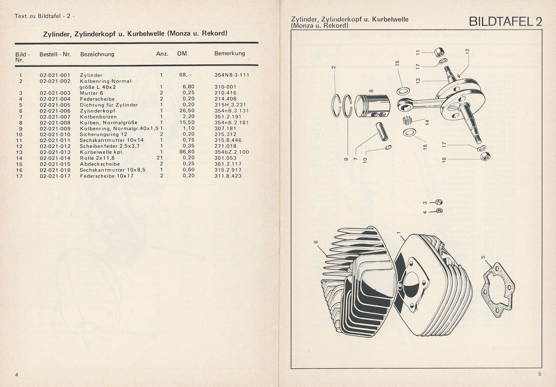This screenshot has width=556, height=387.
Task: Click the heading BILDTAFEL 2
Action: pyautogui.click(x=505, y=21)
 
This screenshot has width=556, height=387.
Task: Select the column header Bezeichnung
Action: pyautogui.click(x=97, y=54)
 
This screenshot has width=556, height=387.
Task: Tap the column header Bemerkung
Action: pyautogui.click(x=229, y=53)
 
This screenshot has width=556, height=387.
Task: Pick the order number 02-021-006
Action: pyautogui.click(x=55, y=111)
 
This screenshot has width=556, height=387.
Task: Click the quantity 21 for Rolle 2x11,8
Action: pyautogui.click(x=160, y=157)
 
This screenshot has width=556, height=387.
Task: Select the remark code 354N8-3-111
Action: pyautogui.click(x=232, y=75)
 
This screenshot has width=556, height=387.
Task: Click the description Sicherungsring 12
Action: pyautogui.click(x=104, y=134)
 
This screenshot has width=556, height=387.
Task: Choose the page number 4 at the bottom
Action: pyautogui.click(x=17, y=375)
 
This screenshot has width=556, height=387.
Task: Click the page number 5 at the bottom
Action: pyautogui.click(x=540, y=374)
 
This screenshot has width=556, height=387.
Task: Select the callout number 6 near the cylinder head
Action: pyautogui.click(x=316, y=242)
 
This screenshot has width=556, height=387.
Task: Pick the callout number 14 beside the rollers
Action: pyautogui.click(x=428, y=122)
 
